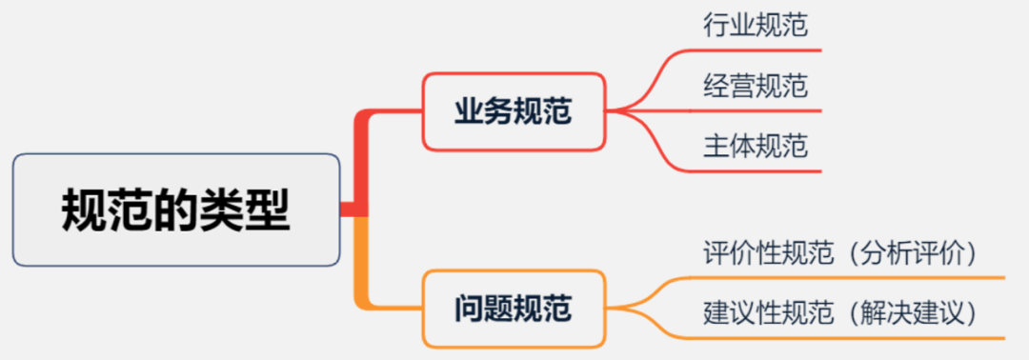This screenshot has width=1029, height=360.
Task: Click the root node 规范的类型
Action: (176, 210)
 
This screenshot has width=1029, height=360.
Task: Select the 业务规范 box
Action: (514, 111)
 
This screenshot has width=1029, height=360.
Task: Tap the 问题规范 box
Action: (514, 309)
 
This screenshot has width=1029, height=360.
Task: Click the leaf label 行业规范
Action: (756, 26)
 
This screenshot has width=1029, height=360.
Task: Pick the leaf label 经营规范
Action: (756, 87)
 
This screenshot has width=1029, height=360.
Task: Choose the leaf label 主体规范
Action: (756, 147)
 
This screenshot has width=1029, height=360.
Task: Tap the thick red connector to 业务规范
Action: (361, 157)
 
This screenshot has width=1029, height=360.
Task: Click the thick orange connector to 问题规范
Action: (361, 267)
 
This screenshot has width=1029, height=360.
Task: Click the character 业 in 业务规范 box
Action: (468, 111)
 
